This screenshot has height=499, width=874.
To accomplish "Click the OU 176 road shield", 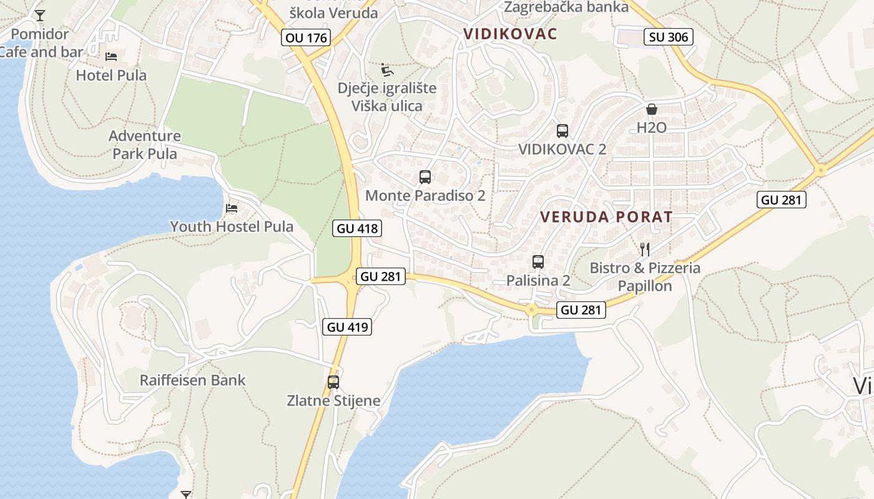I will pyautogui.click(x=306, y=37).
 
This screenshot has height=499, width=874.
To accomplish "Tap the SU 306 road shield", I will pyautogui.click(x=669, y=37).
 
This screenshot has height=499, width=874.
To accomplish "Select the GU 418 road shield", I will pyautogui.click(x=357, y=228).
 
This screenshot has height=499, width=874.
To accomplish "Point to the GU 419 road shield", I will pyautogui.click(x=348, y=326).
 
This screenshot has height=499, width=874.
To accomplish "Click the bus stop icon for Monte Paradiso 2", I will pyautogui.click(x=425, y=177).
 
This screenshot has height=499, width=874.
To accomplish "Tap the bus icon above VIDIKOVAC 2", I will pyautogui.click(x=562, y=131).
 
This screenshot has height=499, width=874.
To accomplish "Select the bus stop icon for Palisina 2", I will pyautogui.click(x=538, y=262).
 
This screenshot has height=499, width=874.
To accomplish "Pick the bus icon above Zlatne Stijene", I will pyautogui.click(x=333, y=382).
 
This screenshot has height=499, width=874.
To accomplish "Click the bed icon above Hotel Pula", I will pyautogui.click(x=111, y=57).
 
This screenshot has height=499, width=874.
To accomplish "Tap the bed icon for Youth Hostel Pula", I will pyautogui.click(x=232, y=208).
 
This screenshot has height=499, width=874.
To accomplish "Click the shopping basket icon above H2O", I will pyautogui.click(x=652, y=110).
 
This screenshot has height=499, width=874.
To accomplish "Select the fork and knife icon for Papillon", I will pyautogui.click(x=645, y=249).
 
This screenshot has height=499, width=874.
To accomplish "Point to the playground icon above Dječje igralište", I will pyautogui.click(x=387, y=69).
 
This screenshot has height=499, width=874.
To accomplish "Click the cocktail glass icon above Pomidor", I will pyautogui.click(x=40, y=16).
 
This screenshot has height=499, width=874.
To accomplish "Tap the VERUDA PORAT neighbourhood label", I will pyautogui.click(x=606, y=217).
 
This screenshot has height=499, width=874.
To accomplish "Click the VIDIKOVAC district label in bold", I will pyautogui.click(x=510, y=34).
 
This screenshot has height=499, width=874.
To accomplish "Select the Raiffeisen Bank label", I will pyautogui.click(x=192, y=380).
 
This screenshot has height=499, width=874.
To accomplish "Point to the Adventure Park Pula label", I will pyautogui.click(x=145, y=145).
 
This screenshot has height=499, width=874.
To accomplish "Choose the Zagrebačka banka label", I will pyautogui.click(x=566, y=7).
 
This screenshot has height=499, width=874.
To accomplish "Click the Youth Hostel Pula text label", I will pyautogui.click(x=232, y=226).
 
